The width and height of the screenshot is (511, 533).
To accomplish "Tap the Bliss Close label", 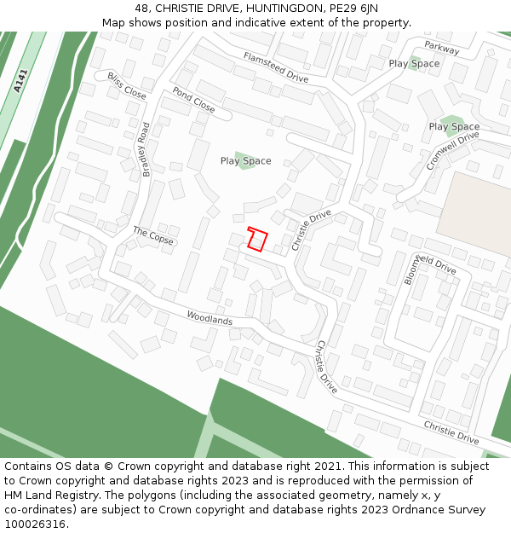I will [127, 86].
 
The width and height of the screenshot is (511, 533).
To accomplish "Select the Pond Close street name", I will [193, 100].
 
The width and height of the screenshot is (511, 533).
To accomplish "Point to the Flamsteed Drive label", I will [275, 67].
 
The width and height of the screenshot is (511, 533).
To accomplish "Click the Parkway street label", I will [441, 49].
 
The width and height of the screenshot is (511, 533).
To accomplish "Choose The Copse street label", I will [152, 236].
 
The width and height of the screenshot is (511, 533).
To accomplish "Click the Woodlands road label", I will [210, 318].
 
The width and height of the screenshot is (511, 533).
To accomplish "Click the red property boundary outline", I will [257, 240].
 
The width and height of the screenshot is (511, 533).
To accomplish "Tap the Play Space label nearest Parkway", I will [414, 63].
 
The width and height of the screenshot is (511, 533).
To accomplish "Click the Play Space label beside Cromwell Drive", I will [454, 127].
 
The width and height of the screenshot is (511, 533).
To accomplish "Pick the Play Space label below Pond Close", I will [245, 160].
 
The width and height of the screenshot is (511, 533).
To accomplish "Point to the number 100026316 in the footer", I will [35, 524].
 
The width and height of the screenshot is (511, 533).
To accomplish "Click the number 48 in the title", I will [141, 9].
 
